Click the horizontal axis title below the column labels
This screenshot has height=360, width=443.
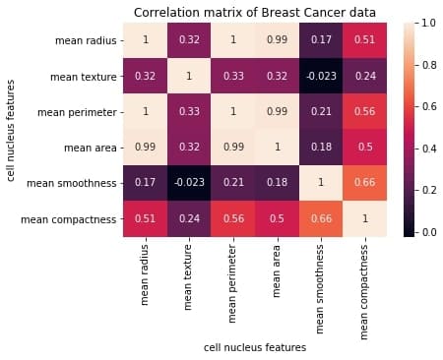[255, 347]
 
